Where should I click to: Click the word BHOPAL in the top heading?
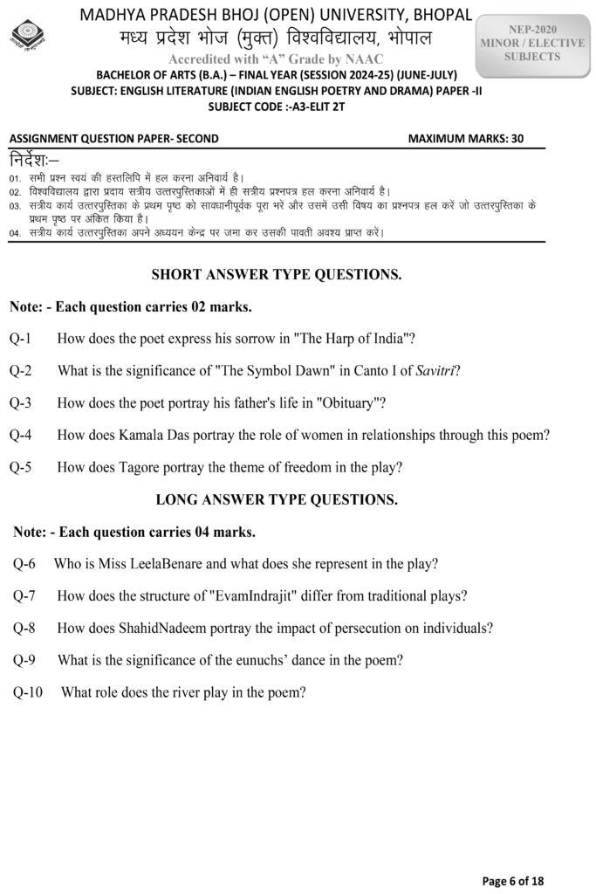pos(435,16)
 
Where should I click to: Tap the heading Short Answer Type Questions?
pos(277,275)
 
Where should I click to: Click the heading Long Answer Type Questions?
pos(277,499)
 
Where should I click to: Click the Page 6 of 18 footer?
pos(513,881)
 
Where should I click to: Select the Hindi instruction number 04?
pos(16,234)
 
